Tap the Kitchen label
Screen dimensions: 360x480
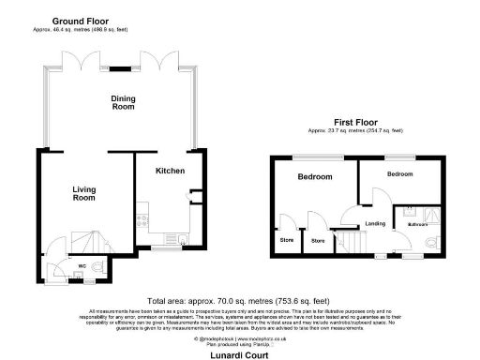[170, 171]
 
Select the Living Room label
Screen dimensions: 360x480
[84, 194]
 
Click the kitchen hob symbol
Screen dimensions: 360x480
[142, 222]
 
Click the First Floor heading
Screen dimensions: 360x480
[356, 122]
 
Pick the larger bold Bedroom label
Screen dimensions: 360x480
[314, 177]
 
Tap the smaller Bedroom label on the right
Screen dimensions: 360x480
[399, 174]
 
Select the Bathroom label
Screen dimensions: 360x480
[417, 225]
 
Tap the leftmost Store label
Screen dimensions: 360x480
[284, 241]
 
